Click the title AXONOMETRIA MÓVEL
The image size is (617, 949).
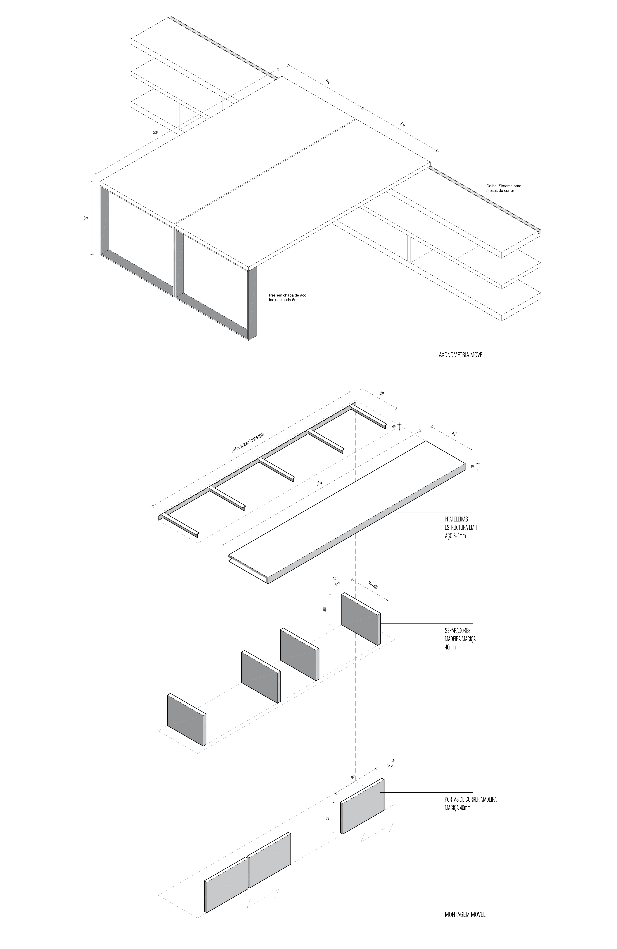click(x=461, y=354)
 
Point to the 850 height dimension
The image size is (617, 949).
click(x=86, y=218)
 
